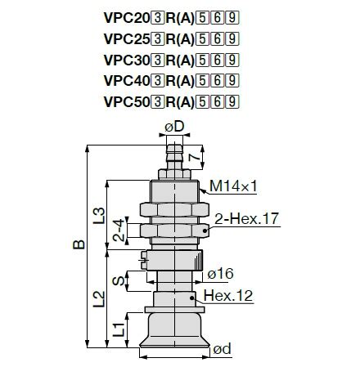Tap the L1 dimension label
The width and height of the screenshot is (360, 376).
117,329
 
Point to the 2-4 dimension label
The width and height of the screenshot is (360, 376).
117,231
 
